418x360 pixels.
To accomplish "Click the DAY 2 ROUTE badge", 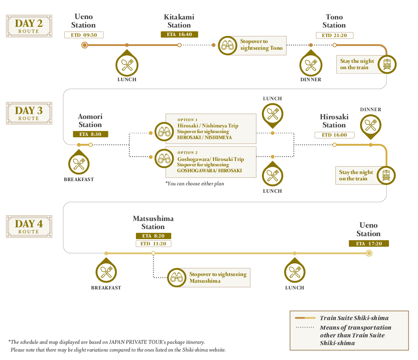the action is [29, 26].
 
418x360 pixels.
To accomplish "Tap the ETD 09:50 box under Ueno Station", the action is [84, 35].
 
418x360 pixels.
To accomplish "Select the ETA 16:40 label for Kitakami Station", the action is [179, 34].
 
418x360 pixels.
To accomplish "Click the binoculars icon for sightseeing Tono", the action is [227, 45].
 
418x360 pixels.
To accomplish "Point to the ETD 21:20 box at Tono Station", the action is [334, 35].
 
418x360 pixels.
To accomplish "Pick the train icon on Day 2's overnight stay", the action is [387, 65].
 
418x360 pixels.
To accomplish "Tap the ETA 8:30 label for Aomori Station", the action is [90, 134].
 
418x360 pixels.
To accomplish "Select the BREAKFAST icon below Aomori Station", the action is [79, 164].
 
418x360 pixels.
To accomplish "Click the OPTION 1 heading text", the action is [187, 120].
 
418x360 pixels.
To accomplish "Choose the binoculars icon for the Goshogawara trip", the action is [164, 158].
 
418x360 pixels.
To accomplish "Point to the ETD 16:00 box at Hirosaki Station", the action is [334, 135].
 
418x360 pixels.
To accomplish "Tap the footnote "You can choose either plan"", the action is [195, 184].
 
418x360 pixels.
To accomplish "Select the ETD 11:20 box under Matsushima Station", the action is [153, 244].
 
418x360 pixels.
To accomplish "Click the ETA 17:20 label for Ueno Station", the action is [369, 244].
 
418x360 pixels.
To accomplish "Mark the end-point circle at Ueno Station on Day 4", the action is [369, 253].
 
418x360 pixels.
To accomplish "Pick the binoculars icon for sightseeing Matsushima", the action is [177, 277].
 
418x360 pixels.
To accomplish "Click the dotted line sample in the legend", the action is [305, 327].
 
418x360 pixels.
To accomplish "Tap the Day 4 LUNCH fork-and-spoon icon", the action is [295, 272].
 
